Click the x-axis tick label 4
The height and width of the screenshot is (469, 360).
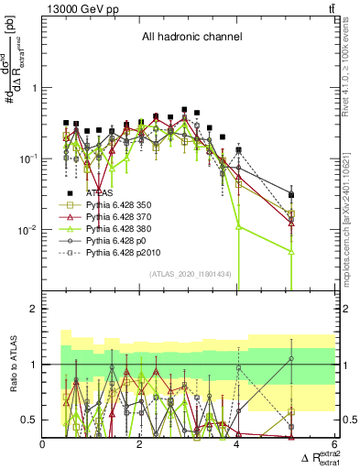click(237, 444)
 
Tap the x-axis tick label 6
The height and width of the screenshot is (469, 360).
click(334, 444)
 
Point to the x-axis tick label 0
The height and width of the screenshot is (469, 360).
click(43, 444)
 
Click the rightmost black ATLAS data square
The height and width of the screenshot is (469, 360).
click(291, 195)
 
